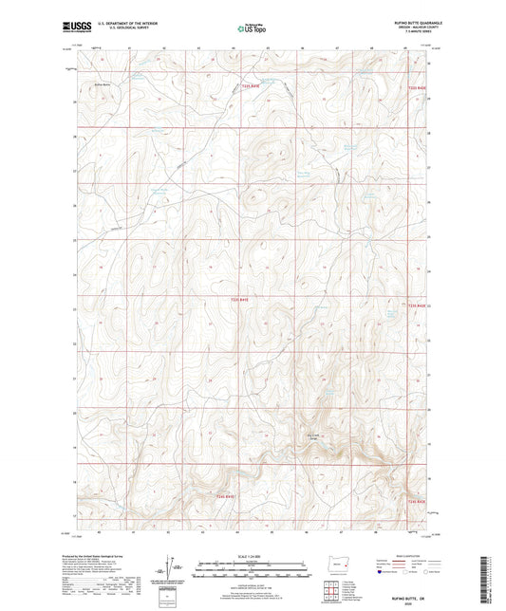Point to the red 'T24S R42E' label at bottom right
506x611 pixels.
point(419,502)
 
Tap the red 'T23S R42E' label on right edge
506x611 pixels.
point(419,305)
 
